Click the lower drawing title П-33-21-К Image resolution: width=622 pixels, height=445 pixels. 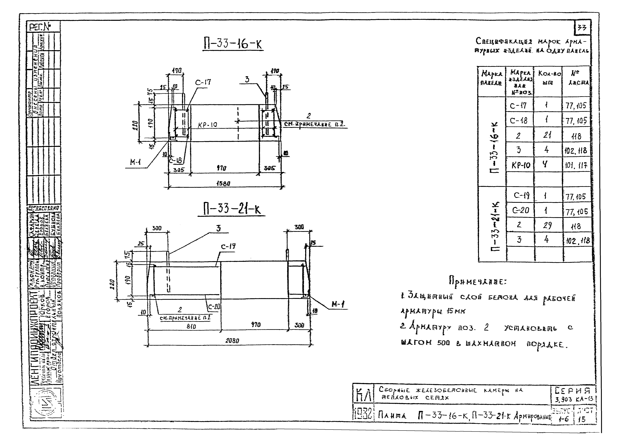tap(231, 210)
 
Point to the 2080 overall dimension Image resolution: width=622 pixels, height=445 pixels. tap(232, 341)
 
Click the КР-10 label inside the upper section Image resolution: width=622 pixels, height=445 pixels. tap(207, 125)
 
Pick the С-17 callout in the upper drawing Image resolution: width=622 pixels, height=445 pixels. tap(203, 82)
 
